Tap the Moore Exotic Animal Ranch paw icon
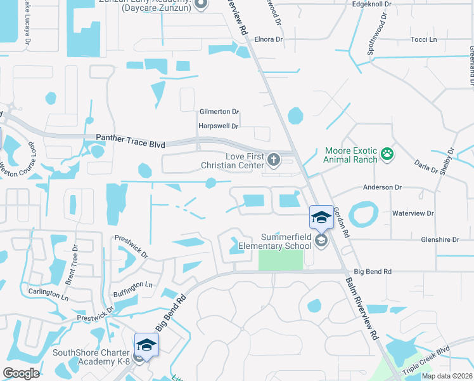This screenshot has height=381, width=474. click(x=387, y=153)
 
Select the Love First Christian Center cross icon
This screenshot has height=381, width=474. click(x=273, y=159)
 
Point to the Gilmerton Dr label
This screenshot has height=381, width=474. click(x=219, y=111)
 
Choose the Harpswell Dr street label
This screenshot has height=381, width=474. click(x=218, y=126)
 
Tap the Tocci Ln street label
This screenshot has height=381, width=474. click(x=424, y=39)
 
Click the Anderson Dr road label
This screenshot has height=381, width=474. click(x=382, y=187)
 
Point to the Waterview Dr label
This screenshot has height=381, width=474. click(x=413, y=214)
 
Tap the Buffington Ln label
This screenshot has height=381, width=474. click(x=133, y=286)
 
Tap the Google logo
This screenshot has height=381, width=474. click(x=21, y=373)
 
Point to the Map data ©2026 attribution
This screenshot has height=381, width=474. click(x=446, y=376)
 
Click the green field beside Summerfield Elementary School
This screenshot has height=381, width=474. click(x=281, y=259)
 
